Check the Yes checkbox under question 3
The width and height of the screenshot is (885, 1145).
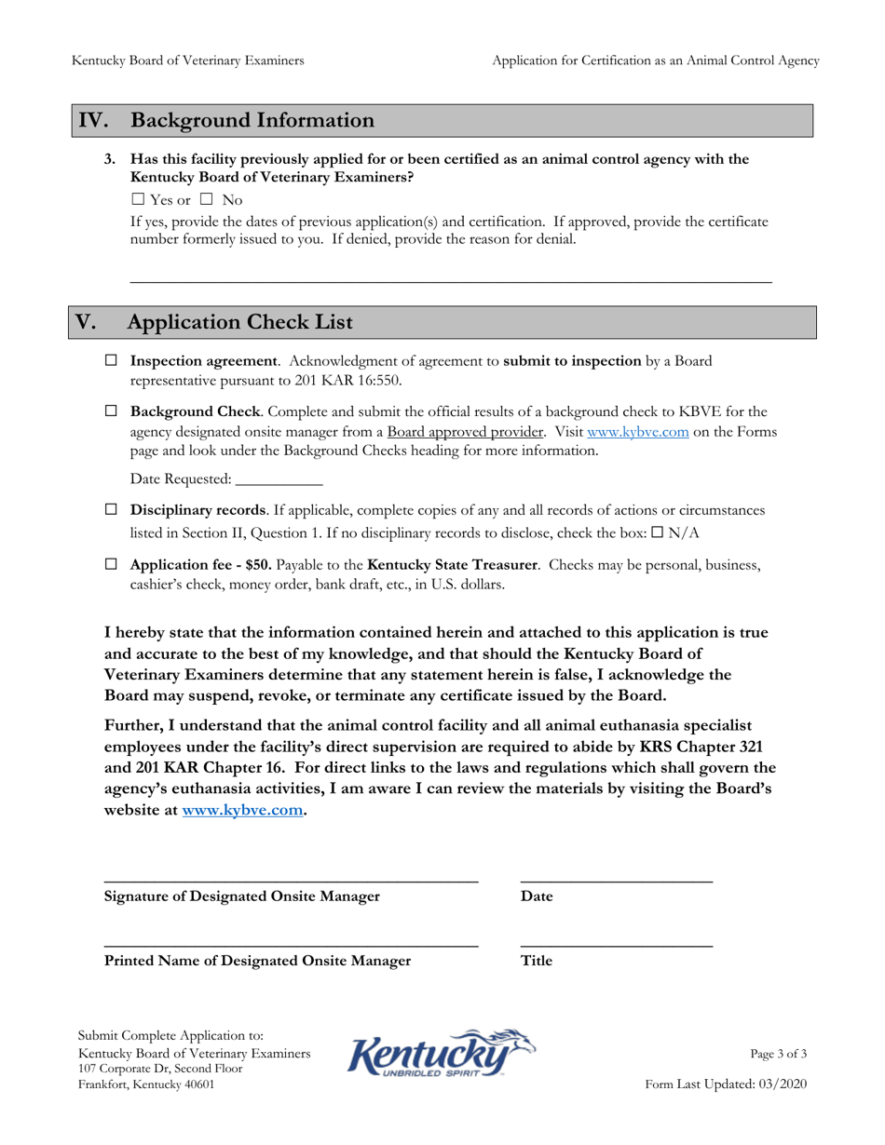tap(138, 199)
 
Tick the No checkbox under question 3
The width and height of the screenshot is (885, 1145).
tap(207, 199)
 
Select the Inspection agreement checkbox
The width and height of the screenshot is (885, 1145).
tap(112, 360)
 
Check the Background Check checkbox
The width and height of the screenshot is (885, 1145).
tap(112, 411)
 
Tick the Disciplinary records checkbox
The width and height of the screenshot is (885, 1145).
tap(112, 510)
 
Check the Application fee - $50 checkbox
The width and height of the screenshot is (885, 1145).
tap(112, 564)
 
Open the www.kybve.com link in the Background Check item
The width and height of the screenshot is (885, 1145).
tap(637, 432)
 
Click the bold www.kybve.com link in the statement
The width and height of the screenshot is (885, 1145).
tap(242, 810)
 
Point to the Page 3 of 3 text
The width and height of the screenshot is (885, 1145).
tap(779, 1054)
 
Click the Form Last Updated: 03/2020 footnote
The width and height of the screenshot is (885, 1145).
tap(727, 1084)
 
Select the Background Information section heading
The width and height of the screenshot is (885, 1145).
tap(252, 121)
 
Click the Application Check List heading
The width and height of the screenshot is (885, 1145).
tap(239, 322)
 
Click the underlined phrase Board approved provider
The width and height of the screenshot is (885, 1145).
tap(465, 432)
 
